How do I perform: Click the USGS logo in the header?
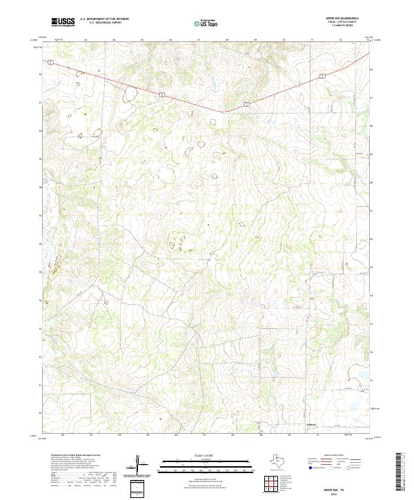pos(63,22)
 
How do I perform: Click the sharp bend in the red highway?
pos(223,112)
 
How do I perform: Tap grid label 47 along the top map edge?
pos(198,40)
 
